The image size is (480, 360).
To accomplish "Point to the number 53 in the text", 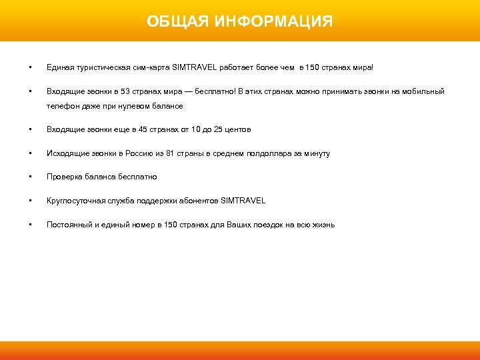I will (x=117, y=91).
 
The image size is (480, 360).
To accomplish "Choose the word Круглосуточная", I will (x=74, y=201).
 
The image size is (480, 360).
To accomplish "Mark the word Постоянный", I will (x=69, y=225).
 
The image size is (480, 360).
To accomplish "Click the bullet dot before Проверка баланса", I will (x=30, y=177).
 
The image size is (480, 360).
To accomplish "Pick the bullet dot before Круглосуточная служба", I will (x=30, y=201).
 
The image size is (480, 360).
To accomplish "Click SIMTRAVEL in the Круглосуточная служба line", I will (x=243, y=201).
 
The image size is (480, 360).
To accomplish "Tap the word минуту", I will (x=315, y=153).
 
